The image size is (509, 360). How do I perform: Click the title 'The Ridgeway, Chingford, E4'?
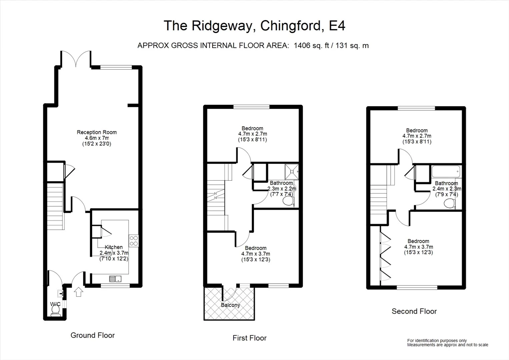click(x=254, y=26)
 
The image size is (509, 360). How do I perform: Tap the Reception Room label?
click(x=97, y=132)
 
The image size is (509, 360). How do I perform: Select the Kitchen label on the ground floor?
click(x=114, y=247)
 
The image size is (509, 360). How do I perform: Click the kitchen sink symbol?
click(x=115, y=279)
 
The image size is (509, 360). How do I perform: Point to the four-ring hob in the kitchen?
click(x=134, y=241)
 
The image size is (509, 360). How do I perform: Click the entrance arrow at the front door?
click(x=78, y=292)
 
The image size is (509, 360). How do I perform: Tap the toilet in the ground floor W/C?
click(x=55, y=311)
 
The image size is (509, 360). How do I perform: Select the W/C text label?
click(x=55, y=304)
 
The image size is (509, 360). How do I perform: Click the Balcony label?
click(x=230, y=305)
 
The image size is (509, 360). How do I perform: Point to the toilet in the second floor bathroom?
click(x=450, y=203)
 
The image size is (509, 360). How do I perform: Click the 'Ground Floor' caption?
click(x=92, y=335)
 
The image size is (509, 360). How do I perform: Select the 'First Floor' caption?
click(x=249, y=338)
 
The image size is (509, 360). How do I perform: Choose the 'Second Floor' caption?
click(x=414, y=311)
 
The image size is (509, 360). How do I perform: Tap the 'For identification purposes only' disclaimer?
click(x=437, y=340)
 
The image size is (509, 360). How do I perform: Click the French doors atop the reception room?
click(x=76, y=58)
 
